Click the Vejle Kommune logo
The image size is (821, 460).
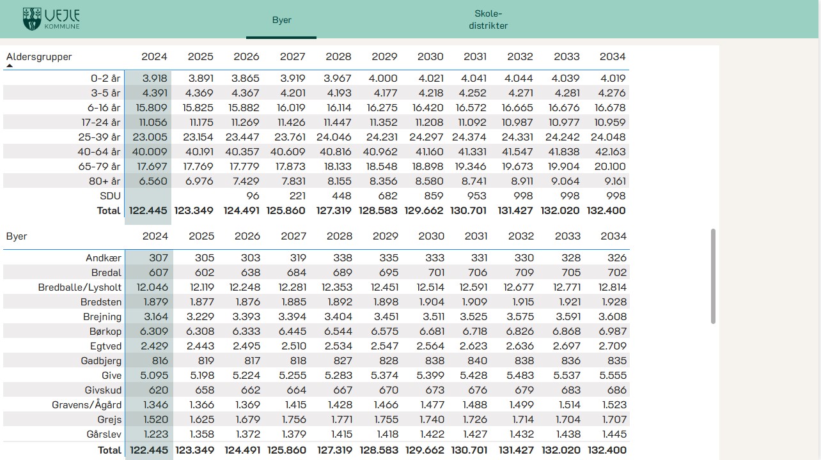point(51,19)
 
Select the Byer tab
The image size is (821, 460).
point(281,20)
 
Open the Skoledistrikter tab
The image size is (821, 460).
point(488,20)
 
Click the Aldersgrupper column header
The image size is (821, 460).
point(39,56)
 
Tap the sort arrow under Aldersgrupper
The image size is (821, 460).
point(10,65)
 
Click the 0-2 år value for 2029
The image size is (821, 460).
point(384,78)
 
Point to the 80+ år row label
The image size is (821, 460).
point(104,181)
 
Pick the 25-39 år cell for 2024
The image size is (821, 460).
point(149,137)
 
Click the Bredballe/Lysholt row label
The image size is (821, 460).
point(79,287)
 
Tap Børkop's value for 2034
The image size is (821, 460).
point(613,331)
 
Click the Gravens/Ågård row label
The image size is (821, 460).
point(86,404)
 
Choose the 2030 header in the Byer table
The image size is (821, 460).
point(431,236)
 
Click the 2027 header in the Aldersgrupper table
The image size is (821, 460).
point(292,56)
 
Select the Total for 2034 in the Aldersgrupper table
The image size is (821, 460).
point(606,210)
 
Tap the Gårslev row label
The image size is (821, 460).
point(104,434)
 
